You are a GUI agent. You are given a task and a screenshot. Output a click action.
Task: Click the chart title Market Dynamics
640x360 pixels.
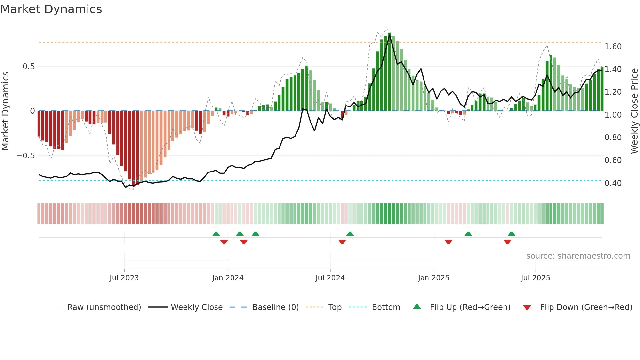click(x=51, y=9)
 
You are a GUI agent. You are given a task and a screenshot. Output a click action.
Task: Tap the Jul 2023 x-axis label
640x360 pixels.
click(x=124, y=278)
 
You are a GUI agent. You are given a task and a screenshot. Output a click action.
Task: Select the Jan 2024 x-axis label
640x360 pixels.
click(x=228, y=278)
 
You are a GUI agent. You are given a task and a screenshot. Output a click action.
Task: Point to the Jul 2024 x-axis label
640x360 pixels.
click(x=330, y=278)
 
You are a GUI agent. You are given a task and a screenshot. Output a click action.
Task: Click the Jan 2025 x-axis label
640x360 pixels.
click(x=434, y=278)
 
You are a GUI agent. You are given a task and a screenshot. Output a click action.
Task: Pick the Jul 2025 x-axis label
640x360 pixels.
click(x=536, y=278)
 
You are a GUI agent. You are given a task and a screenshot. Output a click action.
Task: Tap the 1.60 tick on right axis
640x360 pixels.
click(x=613, y=47)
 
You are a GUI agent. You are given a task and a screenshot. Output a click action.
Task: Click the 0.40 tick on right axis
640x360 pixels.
click(x=613, y=183)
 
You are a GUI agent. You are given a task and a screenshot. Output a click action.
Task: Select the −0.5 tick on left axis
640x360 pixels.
click(x=25, y=156)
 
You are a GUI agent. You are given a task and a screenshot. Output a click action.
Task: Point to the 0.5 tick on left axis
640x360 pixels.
click(x=28, y=67)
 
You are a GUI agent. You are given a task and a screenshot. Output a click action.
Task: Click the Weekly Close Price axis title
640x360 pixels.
click(x=634, y=111)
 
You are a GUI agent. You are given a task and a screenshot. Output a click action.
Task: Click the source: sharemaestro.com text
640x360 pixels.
click(x=578, y=256)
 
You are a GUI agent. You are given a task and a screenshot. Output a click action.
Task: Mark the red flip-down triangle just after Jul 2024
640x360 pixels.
click(x=342, y=242)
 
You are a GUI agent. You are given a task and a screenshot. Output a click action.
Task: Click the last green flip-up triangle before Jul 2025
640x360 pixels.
click(x=512, y=234)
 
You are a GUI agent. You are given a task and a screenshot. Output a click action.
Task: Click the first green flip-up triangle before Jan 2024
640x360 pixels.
click(x=216, y=234)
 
